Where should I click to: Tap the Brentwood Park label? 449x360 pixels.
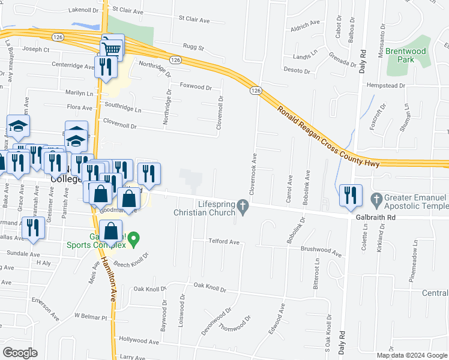[x=406, y=55]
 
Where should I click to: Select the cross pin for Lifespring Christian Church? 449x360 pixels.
[x=243, y=207]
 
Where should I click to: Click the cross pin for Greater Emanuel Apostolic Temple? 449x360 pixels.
[x=377, y=199]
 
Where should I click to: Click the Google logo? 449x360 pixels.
[x=20, y=352]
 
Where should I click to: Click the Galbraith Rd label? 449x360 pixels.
[x=375, y=217]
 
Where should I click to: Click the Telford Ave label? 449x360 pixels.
[x=223, y=242]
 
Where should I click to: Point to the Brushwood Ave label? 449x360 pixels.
[x=321, y=251]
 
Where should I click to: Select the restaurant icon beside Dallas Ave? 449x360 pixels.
[x=32, y=228]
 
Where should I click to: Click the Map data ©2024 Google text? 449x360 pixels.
[x=412, y=355]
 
